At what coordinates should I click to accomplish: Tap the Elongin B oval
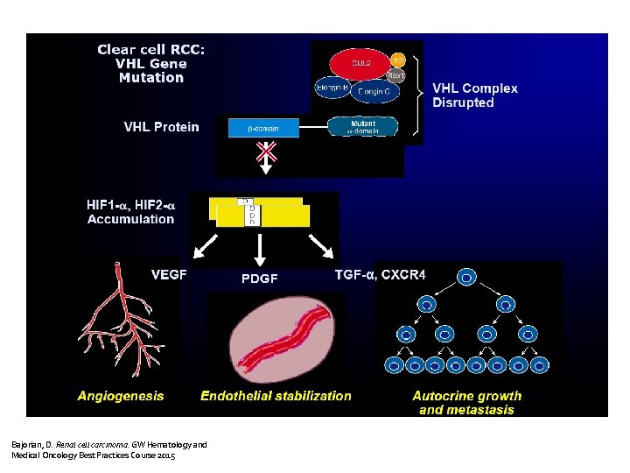333,88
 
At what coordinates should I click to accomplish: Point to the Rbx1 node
395,76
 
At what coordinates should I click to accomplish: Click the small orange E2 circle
398,60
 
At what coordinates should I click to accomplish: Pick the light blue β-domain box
263,128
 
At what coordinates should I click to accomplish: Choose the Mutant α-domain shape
363,127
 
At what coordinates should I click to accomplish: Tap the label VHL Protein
161,127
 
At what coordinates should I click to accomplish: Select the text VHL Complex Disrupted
475,95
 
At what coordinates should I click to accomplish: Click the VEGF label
169,274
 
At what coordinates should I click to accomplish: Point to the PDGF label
259,279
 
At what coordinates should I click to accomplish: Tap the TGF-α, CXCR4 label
381,274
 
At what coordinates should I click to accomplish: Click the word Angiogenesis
120,396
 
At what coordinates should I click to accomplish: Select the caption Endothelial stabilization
276,396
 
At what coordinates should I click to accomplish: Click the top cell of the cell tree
467,278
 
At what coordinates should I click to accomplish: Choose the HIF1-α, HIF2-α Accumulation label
130,211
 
